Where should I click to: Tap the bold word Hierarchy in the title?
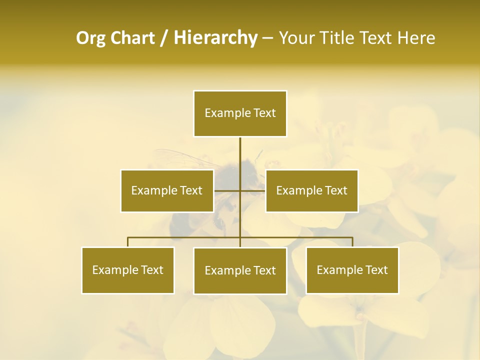click(x=215, y=38)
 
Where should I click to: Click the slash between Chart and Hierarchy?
click(x=164, y=38)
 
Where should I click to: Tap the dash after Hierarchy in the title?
click(x=267, y=38)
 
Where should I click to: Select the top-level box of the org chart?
click(x=240, y=113)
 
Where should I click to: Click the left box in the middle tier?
click(x=167, y=190)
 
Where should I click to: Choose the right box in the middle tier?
click(x=311, y=190)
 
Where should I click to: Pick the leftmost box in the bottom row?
click(x=128, y=270)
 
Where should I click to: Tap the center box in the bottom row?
click(x=240, y=270)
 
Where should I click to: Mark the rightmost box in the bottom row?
click(x=352, y=270)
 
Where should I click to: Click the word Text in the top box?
click(x=264, y=113)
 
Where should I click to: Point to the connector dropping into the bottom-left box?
click(x=128, y=242)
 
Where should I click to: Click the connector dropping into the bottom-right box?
click(x=352, y=242)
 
